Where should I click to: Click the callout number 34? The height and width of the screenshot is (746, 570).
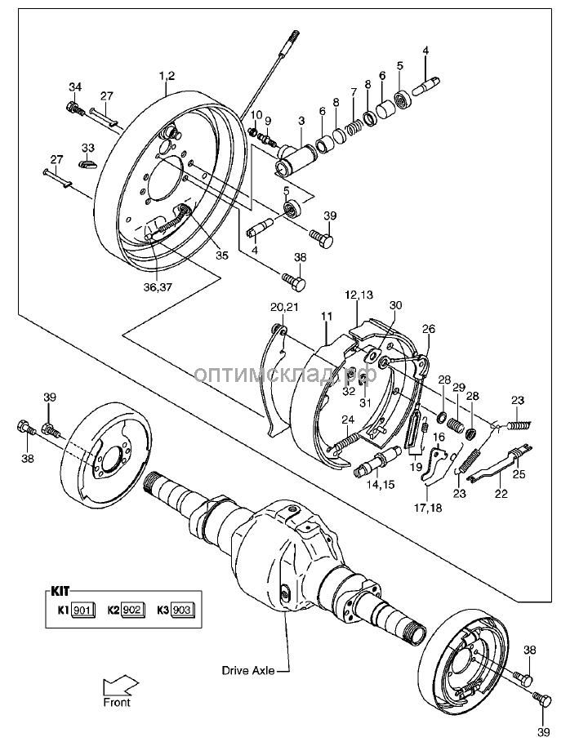pos(75,87)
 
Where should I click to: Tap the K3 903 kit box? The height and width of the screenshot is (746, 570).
pos(182,610)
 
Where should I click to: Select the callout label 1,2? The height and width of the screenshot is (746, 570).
pos(167,76)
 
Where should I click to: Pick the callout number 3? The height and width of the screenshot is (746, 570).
pos(301,121)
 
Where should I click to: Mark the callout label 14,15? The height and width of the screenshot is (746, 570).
pos(379,485)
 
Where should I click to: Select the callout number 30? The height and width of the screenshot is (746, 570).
pos(396,305)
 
